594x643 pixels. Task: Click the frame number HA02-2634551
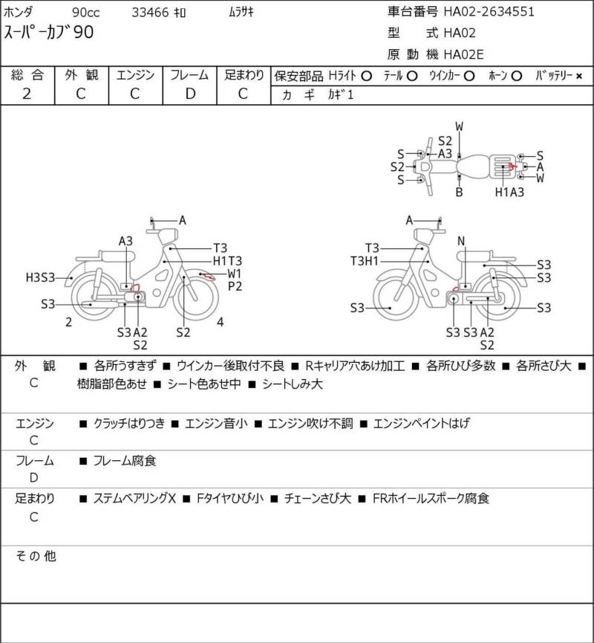pos(489,11)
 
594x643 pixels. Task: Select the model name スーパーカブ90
pos(49,33)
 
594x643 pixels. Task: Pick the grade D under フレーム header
pos(190,94)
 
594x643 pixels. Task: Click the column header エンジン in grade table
pos(135,75)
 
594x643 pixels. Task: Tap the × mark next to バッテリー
pos(579,76)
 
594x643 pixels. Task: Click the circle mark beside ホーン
pos(517,76)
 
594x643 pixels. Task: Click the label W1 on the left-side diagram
pos(235,274)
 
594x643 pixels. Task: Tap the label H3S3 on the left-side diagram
pos(40,277)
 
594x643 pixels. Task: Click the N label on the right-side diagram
pos(461,241)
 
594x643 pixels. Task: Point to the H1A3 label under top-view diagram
pos(509,192)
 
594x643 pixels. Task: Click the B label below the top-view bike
pos(460,192)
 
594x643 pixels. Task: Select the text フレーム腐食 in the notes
pos(125,461)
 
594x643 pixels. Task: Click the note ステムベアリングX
pos(134,499)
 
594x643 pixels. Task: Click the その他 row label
pos(36,555)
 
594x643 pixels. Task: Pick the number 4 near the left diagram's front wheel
pos(221,322)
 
